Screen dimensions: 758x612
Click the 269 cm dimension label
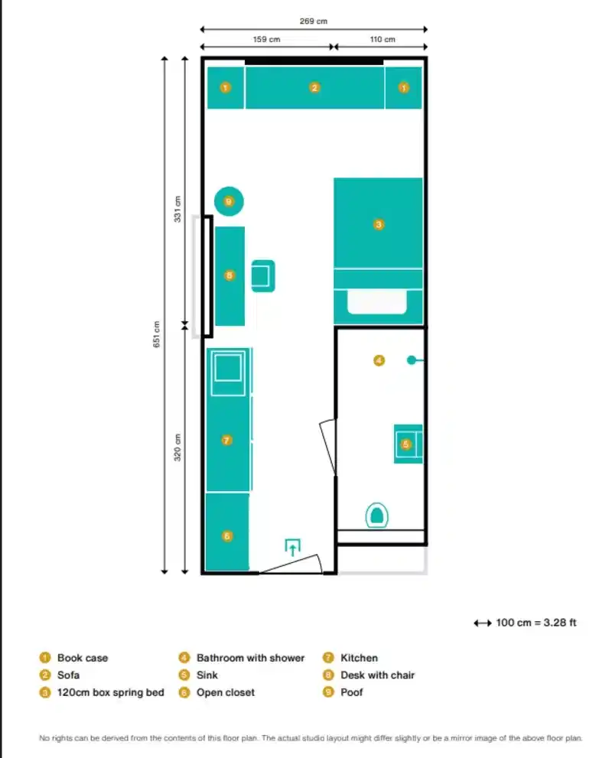313,21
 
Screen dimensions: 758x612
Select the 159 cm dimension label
265,39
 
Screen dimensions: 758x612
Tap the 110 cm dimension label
382,39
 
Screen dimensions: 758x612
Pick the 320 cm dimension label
177,447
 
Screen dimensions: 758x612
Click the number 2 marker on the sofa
314,88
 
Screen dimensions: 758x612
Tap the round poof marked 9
229,201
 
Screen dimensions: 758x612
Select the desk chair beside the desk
262,275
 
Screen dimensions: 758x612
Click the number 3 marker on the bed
378,225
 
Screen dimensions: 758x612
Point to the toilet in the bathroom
375,515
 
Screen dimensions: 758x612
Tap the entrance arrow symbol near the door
292,546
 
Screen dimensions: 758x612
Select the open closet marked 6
227,535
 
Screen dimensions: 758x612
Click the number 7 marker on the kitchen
226,440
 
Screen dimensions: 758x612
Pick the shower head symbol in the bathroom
412,359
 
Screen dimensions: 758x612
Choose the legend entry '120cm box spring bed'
110,693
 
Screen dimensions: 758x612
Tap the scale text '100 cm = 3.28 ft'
535,623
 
